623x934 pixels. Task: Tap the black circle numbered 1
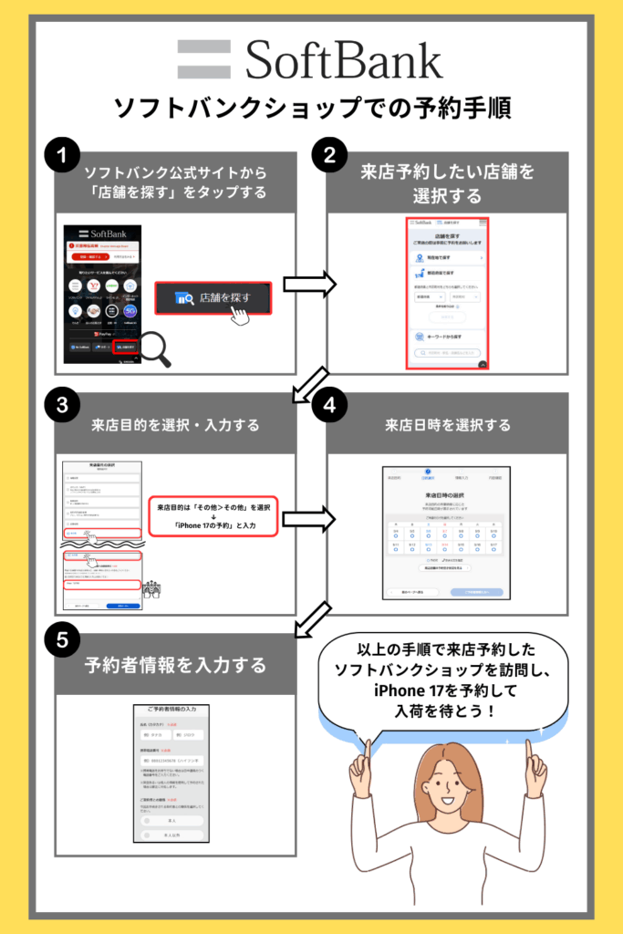pyautogui.click(x=62, y=156)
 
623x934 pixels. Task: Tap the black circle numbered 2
pyautogui.click(x=324, y=156)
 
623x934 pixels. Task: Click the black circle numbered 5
pyautogui.click(x=62, y=640)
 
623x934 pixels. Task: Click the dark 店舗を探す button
pyautogui.click(x=212, y=298)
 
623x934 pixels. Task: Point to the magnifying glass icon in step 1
pyautogui.click(x=152, y=348)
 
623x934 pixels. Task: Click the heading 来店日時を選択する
pyautogui.click(x=447, y=425)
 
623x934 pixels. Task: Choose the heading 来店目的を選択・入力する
pyautogui.click(x=175, y=425)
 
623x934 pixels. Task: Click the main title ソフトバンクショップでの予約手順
pyautogui.click(x=311, y=108)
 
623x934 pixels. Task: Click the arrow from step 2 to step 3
pyautogui.click(x=307, y=382)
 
